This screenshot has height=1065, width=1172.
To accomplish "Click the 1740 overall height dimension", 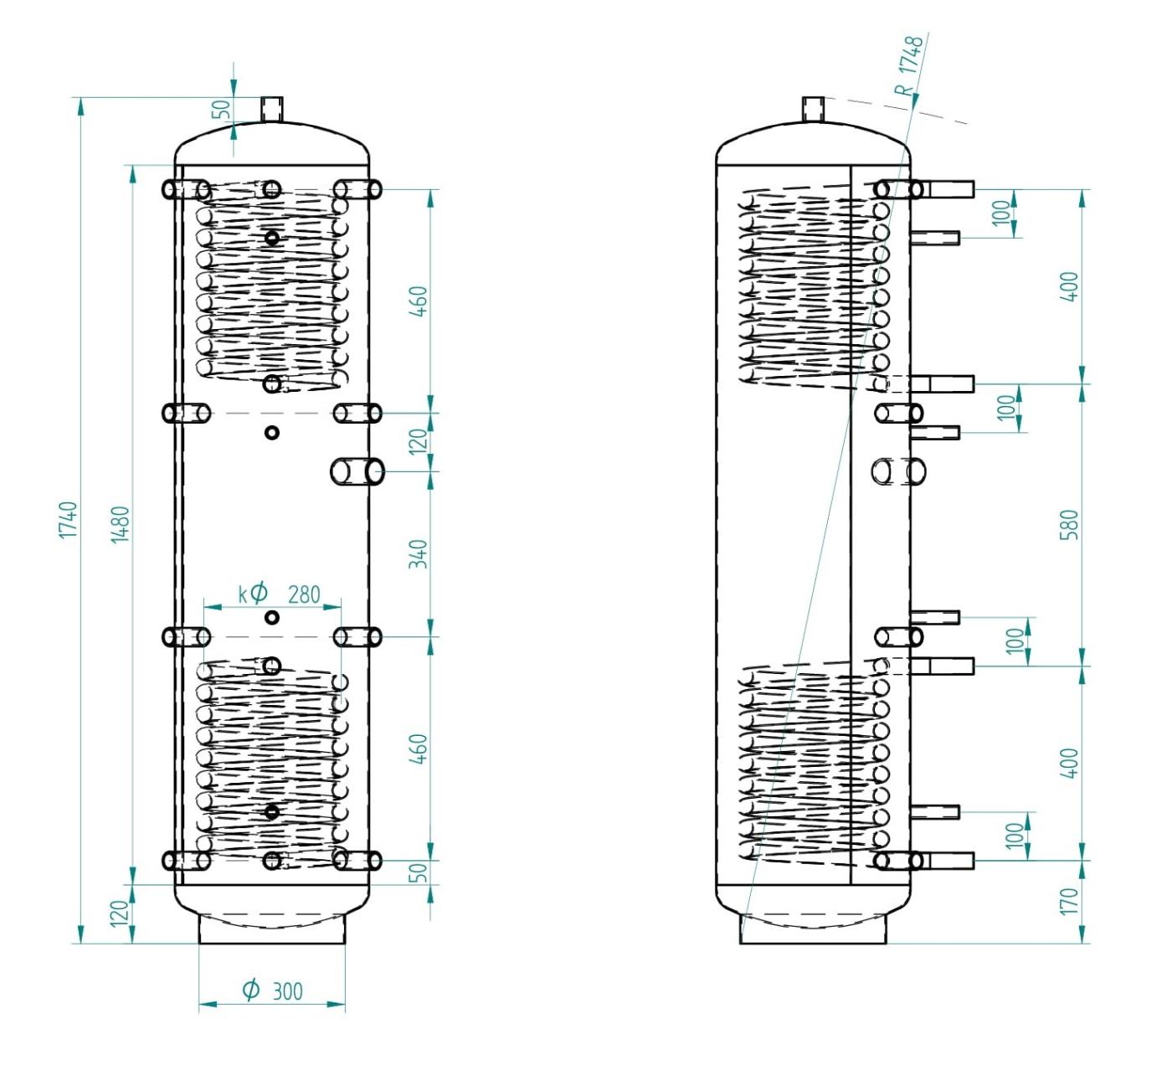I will click(69, 520).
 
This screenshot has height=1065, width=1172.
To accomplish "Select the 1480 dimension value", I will click(121, 525).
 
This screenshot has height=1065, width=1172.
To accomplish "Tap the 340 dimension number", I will click(419, 554).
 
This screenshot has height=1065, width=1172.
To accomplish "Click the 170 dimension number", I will click(1069, 902).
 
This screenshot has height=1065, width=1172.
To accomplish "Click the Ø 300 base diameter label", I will click(273, 991).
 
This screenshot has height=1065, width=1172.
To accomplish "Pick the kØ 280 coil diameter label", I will click(279, 594).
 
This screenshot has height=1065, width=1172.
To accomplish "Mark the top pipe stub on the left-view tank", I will click(272, 109).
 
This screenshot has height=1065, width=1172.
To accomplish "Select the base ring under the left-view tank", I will click(272, 929).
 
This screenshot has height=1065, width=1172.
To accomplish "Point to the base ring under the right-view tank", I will click(812, 929).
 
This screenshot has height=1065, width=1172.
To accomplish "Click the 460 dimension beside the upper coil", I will click(419, 301).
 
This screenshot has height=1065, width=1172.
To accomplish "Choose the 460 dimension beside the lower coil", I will click(419, 749).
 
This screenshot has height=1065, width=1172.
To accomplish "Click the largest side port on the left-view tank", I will click(357, 472).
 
